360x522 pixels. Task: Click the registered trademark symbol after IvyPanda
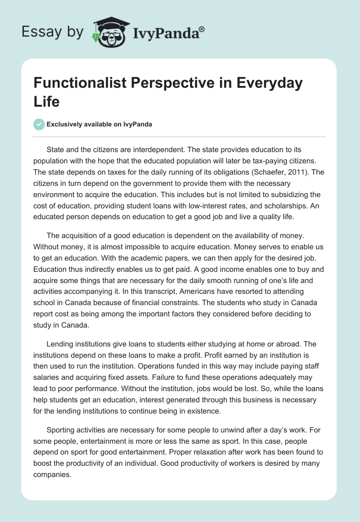point(202,29)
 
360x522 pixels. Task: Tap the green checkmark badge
point(39,124)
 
